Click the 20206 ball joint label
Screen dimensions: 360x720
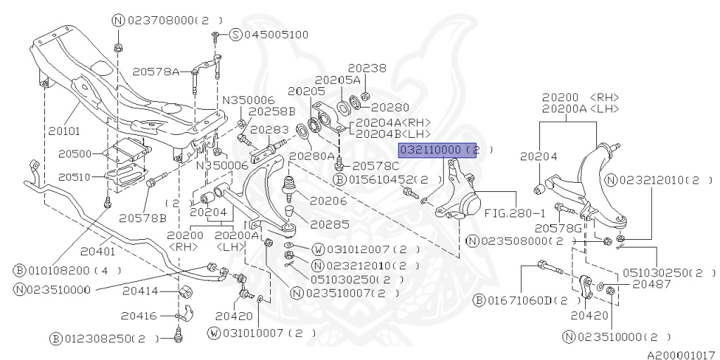coord(328,200)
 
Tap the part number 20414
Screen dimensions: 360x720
coord(140,291)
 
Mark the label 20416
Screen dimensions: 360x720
coord(140,315)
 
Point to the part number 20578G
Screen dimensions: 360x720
coord(557,228)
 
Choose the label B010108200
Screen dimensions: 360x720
coord(67,270)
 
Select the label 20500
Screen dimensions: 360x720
coord(75,153)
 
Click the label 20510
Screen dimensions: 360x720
coord(75,176)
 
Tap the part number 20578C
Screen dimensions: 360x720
coord(375,166)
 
